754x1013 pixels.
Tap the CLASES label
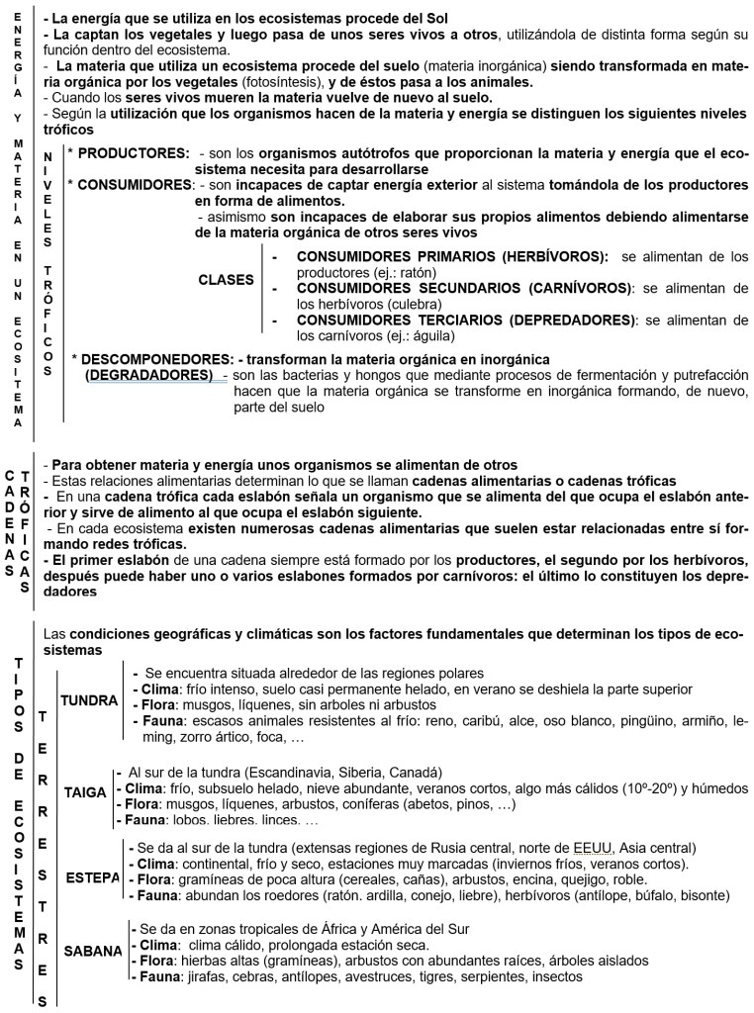pyautogui.click(x=227, y=280)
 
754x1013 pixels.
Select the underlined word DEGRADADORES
pyautogui.click(x=148, y=375)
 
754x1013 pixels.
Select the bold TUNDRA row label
pyautogui.click(x=89, y=700)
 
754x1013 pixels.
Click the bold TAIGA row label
pyautogui.click(x=85, y=792)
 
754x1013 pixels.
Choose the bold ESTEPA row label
pyautogui.click(x=92, y=877)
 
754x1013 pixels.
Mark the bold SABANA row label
pyautogui.click(x=92, y=951)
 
